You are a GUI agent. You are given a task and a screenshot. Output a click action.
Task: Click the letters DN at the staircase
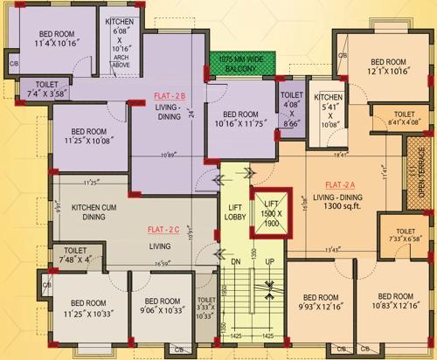[235, 261]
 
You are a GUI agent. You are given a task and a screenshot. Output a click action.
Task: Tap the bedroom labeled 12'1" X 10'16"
[387, 67]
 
